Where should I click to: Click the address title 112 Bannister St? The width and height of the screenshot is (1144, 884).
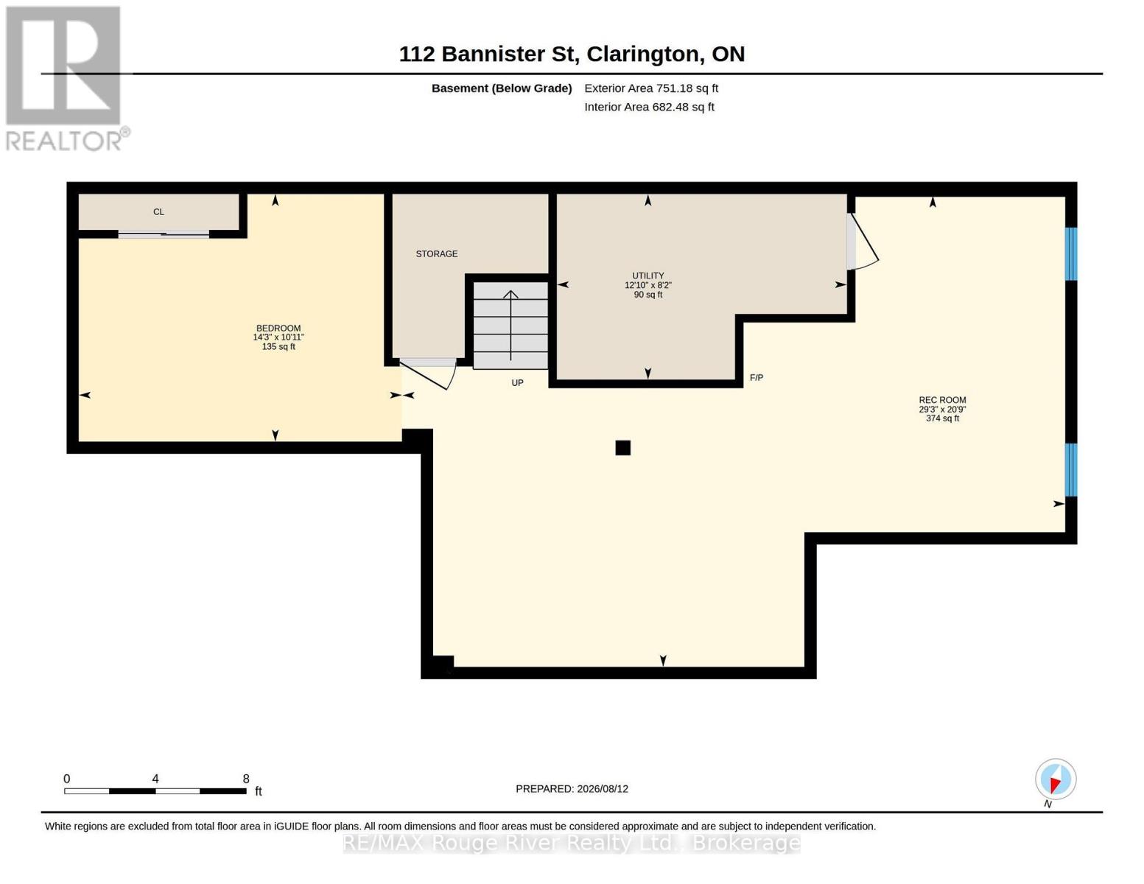[488, 55]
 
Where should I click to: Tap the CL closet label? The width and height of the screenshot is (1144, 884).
[158, 212]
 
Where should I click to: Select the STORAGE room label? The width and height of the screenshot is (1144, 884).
[436, 253]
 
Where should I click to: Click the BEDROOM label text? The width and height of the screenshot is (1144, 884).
[278, 328]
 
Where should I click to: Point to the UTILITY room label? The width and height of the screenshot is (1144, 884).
[648, 276]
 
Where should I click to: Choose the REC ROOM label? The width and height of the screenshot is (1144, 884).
[942, 400]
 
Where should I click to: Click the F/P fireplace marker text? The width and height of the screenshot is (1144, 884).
[757, 377]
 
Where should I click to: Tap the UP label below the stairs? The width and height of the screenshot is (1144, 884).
[518, 383]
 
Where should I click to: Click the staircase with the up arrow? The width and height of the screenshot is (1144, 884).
[510, 326]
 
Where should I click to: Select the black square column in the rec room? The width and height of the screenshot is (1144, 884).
[622, 448]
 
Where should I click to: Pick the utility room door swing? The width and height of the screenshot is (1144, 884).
[862, 242]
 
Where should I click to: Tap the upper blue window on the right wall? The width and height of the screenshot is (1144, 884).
[1071, 253]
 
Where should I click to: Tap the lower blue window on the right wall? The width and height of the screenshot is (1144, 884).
[1071, 470]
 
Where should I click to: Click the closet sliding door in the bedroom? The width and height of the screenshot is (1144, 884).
[164, 235]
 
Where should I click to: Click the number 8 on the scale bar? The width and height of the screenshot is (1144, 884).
[246, 779]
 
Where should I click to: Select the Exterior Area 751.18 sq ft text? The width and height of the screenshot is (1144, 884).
[651, 88]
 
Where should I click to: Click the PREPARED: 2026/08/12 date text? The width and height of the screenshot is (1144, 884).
[572, 789]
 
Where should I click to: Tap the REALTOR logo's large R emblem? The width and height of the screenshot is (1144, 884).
[63, 66]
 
